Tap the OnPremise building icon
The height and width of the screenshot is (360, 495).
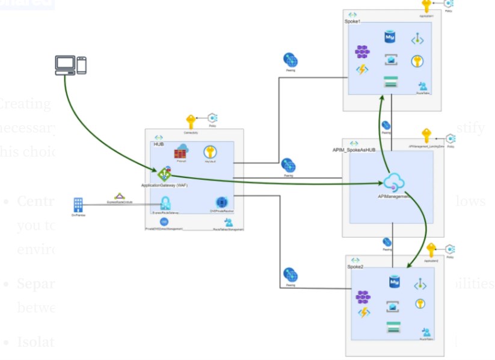click(78, 204)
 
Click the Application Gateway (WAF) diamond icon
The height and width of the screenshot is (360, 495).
click(164, 174)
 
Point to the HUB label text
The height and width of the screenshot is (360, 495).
click(159, 144)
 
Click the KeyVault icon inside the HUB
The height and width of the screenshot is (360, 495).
click(210, 152)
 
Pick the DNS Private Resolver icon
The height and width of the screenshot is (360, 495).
click(221, 202)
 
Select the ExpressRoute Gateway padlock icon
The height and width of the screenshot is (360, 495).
click(165, 202)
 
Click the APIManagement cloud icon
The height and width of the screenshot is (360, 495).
click(394, 181)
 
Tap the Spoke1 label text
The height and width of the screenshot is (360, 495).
click(352, 22)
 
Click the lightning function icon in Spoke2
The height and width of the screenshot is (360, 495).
click(364, 312)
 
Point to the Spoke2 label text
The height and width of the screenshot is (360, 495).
click(355, 266)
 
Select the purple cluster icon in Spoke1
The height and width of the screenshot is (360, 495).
click(362, 52)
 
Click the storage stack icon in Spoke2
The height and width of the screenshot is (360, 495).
click(393, 327)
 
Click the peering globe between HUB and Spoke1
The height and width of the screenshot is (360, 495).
click(291, 60)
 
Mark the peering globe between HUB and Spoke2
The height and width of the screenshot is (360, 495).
click(291, 275)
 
